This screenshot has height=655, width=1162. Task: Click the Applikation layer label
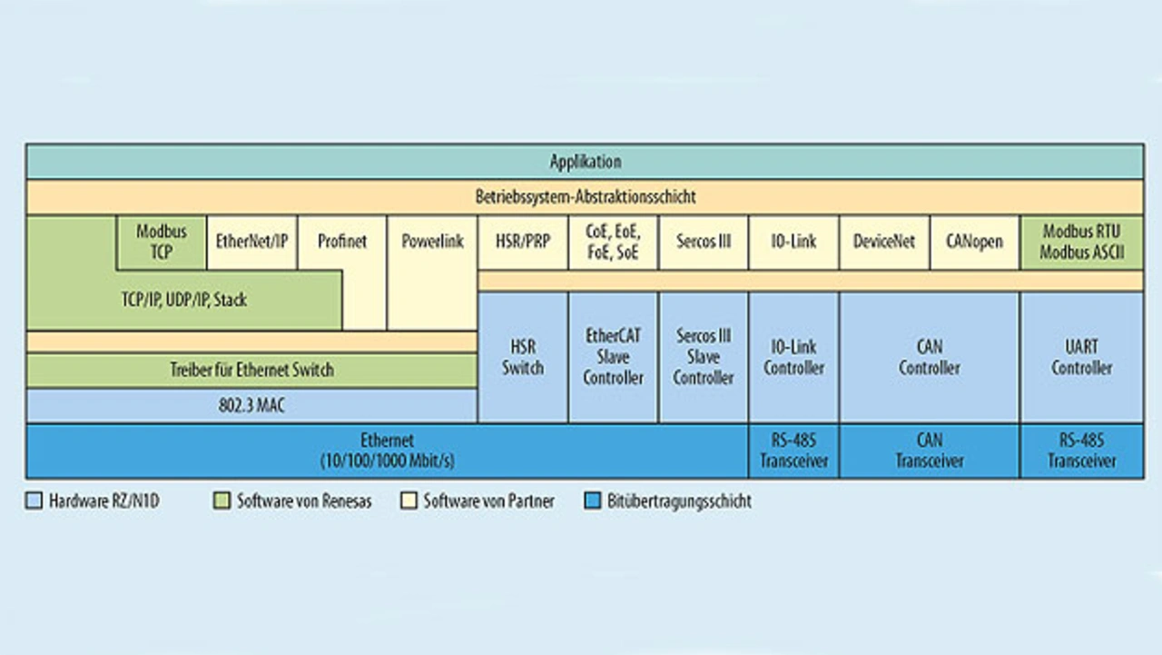coord(585,162)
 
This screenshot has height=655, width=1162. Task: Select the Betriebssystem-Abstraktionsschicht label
coord(585,196)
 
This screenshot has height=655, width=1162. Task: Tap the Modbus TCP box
coord(162,242)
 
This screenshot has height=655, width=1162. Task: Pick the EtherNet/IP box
coord(251,242)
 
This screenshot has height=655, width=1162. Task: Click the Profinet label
coord(342,242)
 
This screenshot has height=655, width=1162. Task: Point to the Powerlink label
coord(432,242)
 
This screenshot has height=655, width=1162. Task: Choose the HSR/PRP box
coord(523,242)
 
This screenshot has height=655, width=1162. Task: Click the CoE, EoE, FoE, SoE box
coord(613,243)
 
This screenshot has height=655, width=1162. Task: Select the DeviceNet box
coord(884,242)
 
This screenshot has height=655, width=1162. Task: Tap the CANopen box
coord(974,242)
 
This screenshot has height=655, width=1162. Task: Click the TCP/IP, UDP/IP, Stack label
coord(184,300)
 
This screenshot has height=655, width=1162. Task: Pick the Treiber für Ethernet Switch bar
coord(251,370)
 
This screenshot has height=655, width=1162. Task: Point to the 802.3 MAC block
coord(251,406)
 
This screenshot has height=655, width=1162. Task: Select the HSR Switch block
coord(523,357)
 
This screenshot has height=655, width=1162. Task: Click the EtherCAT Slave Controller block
coord(613,357)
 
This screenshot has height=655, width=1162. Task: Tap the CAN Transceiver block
coord(930,451)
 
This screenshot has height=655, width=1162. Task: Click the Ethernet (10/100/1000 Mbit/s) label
coord(387,451)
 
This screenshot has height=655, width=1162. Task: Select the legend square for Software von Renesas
coord(222,501)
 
